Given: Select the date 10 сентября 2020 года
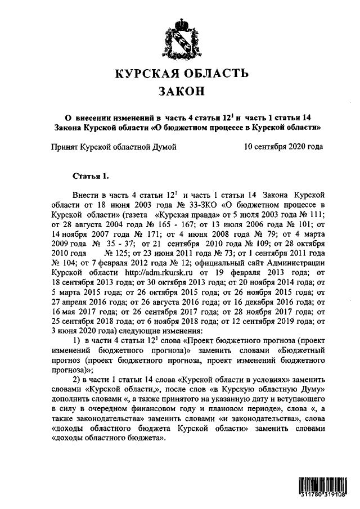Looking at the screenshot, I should (283, 147).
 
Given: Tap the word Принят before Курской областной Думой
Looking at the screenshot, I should (64, 147).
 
